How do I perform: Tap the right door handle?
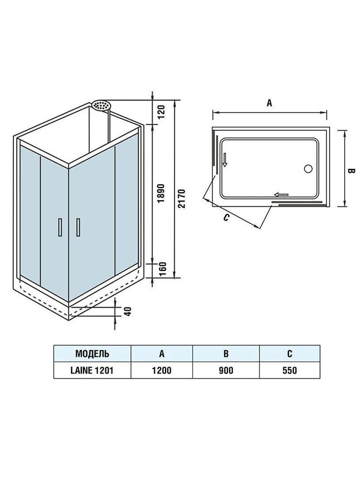coord(78,227)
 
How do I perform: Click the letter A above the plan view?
coord(269,103)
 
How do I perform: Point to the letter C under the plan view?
coord(226,218)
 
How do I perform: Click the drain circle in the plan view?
coord(308,168)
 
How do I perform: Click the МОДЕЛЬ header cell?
coord(92,353)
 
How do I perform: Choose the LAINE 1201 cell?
coord(92,370)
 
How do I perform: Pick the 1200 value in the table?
coord(162,370)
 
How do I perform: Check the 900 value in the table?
coord(226,370)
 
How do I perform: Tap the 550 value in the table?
coord(289,370)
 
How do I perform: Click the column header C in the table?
coord(289,353)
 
